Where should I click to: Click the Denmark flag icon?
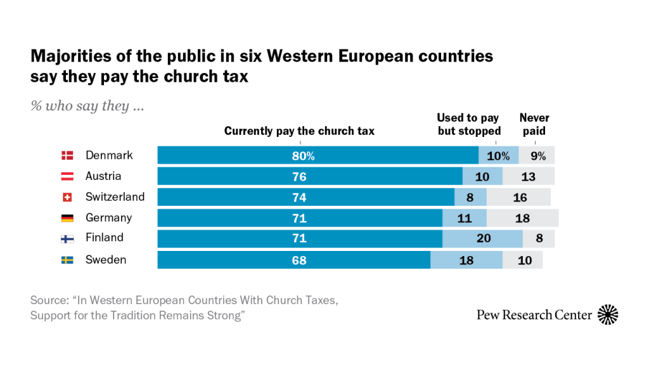point(67,155)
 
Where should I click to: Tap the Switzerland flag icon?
point(67,197)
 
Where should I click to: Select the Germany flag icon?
point(67,218)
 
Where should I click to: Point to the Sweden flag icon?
point(67,260)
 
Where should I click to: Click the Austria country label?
point(103,176)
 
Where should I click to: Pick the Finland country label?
point(105,238)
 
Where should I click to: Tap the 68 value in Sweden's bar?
point(300,260)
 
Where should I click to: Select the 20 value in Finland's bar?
point(482,239)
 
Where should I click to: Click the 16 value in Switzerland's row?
point(520,197)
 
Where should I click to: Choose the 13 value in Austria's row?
point(528,176)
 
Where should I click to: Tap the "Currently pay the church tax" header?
point(299,131)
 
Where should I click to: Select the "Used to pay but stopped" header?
point(469,125)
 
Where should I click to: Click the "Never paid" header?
point(534,125)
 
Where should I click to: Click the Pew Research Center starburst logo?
point(608,315)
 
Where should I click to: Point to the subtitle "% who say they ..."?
point(87,106)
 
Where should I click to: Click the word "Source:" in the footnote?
point(49,300)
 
